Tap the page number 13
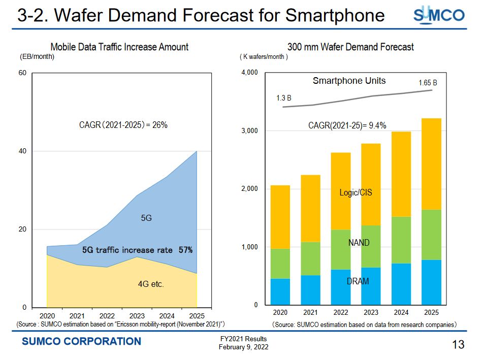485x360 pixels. (458, 345)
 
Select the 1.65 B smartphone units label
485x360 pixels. (428, 82)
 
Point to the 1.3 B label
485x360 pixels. (283, 98)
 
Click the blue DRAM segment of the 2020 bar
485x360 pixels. (280, 291)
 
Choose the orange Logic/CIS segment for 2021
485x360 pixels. (310, 209)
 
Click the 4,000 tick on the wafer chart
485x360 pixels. (250, 73)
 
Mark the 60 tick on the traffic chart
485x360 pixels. (22, 73)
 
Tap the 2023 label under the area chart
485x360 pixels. (137, 316)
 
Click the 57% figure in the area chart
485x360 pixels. (185, 250)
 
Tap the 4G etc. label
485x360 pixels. (151, 285)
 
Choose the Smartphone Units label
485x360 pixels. (349, 81)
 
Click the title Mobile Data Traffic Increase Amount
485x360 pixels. (119, 47)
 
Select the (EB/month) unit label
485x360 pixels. (37, 57)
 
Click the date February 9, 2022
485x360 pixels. (243, 347)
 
